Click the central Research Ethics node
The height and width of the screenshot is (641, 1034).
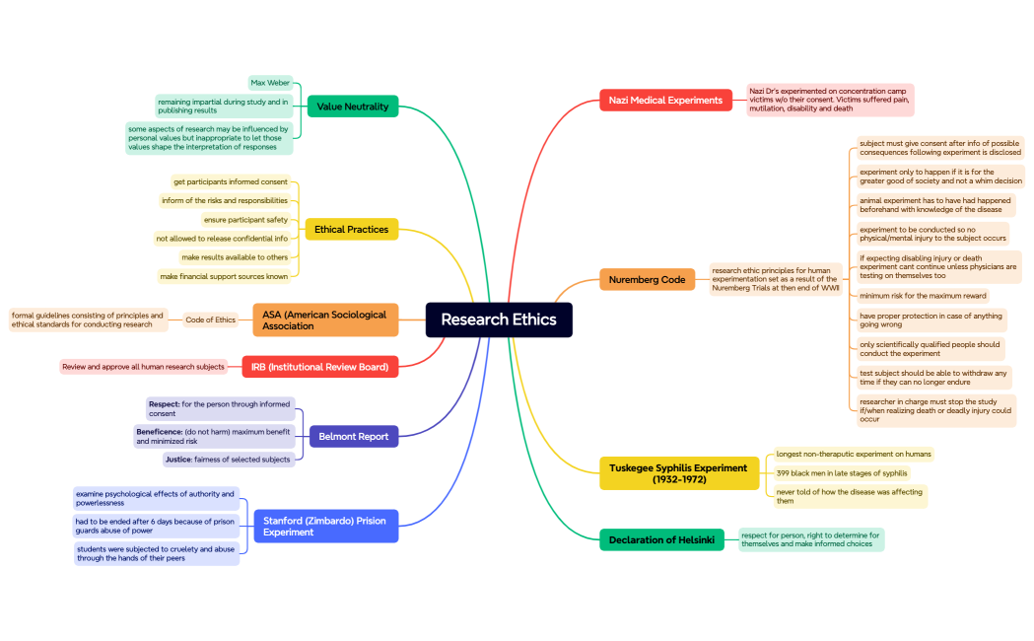click(499, 320)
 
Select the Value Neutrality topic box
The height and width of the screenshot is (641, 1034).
click(353, 107)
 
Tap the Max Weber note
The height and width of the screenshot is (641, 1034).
click(270, 83)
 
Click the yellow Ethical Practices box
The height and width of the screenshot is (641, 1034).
click(351, 230)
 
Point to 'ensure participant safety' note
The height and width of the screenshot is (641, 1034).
click(245, 220)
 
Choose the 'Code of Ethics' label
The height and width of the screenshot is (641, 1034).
click(211, 320)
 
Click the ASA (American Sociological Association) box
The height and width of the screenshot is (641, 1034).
click(324, 320)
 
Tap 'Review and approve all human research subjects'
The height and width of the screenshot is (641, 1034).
click(143, 367)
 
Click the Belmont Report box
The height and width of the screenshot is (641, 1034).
click(353, 436)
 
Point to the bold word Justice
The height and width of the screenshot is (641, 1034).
click(178, 460)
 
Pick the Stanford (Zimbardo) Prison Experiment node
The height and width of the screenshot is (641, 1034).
click(325, 527)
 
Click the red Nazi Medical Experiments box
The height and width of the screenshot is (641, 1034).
click(665, 100)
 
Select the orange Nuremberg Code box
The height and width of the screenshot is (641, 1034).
click(647, 280)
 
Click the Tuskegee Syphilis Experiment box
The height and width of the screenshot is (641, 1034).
click(678, 473)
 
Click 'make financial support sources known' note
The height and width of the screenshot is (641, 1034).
click(224, 276)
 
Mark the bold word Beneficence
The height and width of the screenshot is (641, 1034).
click(159, 431)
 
